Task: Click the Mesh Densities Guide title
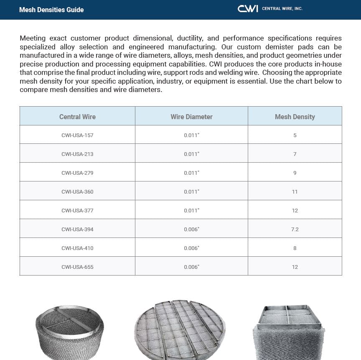tap(51, 10)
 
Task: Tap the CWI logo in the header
tap(248, 9)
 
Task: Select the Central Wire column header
tap(77, 117)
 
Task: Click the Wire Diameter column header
tap(191, 117)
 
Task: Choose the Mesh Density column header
tap(295, 117)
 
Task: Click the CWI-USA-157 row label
tap(77, 135)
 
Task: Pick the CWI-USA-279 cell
tap(77, 173)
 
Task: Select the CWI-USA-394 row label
tap(77, 229)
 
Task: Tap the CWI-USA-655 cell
tap(77, 267)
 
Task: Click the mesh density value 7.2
tap(295, 229)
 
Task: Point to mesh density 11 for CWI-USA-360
tap(295, 191)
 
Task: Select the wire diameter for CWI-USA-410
tap(191, 248)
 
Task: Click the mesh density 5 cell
tap(295, 135)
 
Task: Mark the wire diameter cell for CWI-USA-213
tap(191, 154)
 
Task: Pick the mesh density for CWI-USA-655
tap(295, 267)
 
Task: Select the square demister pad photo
tap(289, 332)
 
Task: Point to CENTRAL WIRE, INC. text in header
tap(282, 9)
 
